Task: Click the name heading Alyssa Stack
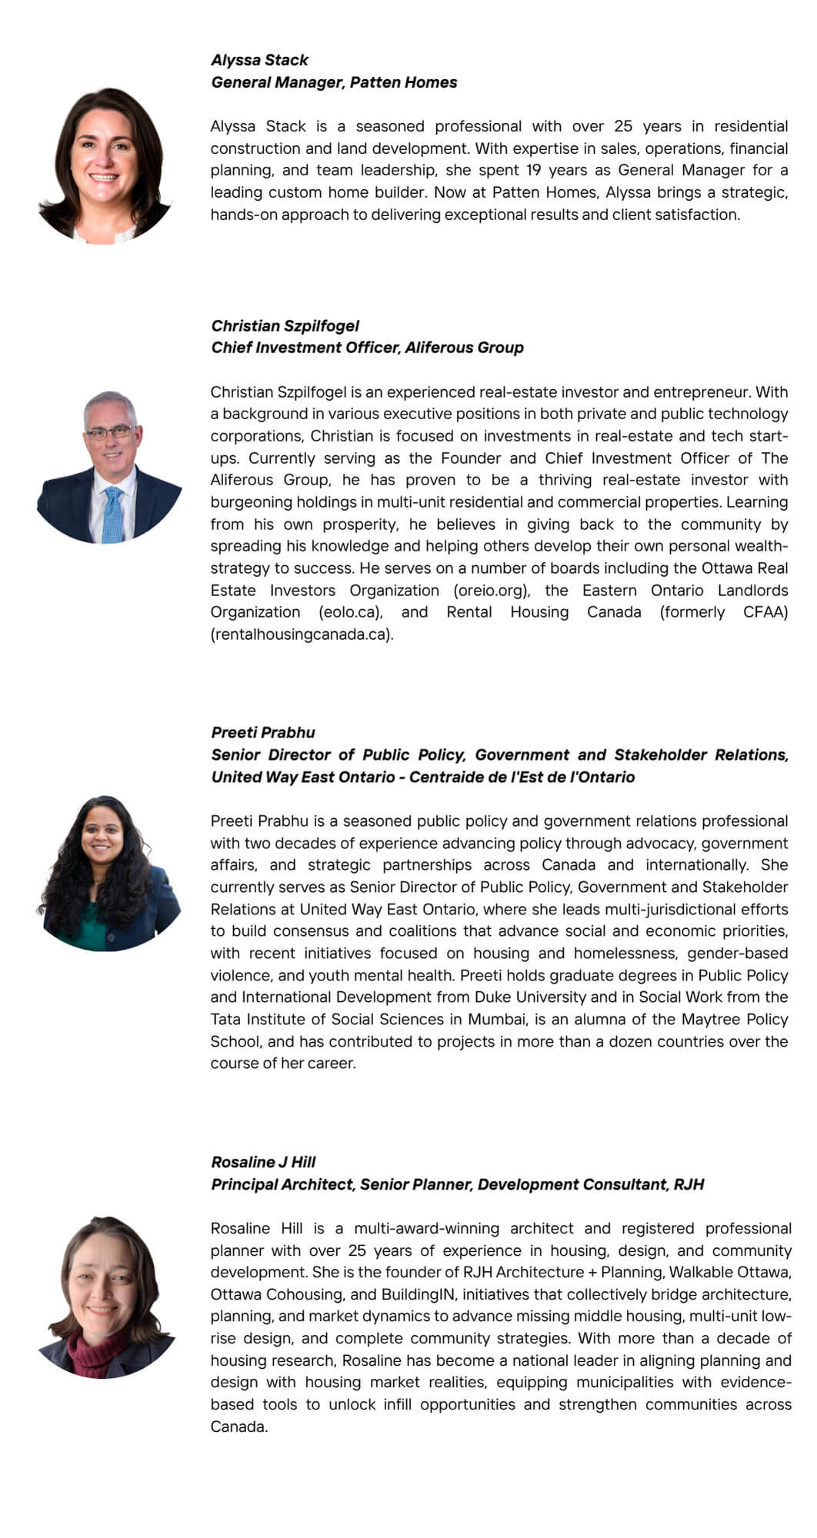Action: click(x=259, y=60)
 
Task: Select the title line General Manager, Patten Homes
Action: click(x=334, y=82)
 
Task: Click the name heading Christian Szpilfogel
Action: click(x=285, y=325)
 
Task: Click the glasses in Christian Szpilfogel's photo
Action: click(x=109, y=432)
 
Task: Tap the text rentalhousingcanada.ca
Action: click(x=301, y=634)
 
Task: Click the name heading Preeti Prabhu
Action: click(x=263, y=732)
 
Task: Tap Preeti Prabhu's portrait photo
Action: click(x=108, y=874)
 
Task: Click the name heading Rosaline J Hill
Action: click(x=263, y=1162)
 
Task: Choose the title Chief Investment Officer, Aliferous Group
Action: click(x=367, y=348)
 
